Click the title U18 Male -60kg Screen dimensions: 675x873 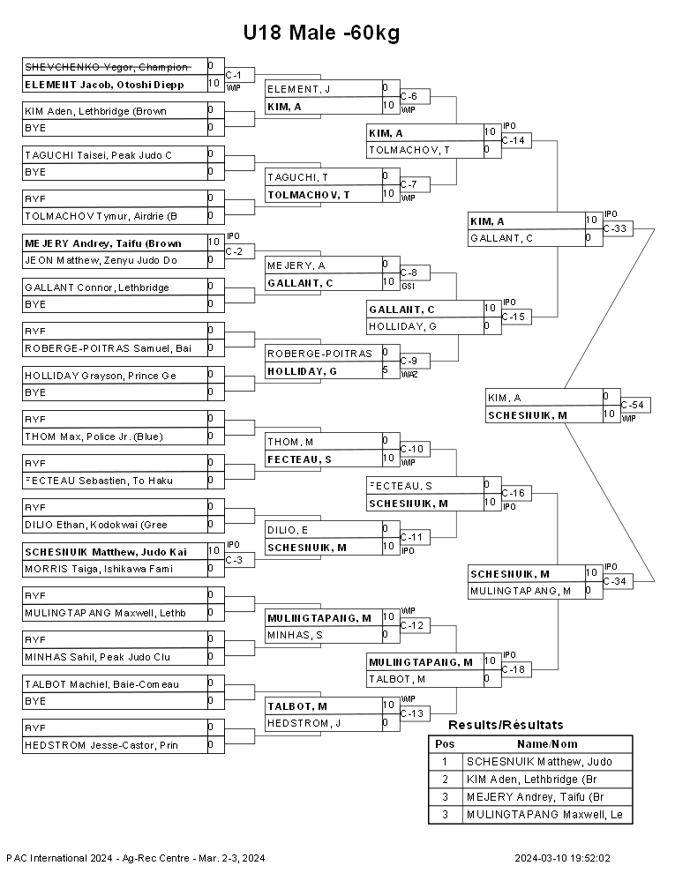[321, 33]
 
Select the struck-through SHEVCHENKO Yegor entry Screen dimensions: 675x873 [107, 67]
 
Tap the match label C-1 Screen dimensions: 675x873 [233, 75]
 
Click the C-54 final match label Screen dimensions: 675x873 [633, 405]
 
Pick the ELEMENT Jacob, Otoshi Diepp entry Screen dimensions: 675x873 [105, 85]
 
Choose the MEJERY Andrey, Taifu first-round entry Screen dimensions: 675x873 [103, 243]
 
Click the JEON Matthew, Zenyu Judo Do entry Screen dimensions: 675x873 [101, 260]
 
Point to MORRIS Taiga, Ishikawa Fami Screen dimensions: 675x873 [99, 569]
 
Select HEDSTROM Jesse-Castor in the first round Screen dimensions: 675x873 [101, 745]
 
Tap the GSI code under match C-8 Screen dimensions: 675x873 [408, 287]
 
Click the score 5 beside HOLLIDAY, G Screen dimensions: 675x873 [385, 369]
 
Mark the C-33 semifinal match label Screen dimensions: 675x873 [615, 228]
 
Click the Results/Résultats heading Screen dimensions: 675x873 [506, 725]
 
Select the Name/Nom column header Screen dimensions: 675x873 [547, 744]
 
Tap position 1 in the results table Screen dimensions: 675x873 [445, 762]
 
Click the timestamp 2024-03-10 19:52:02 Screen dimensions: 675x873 [563, 858]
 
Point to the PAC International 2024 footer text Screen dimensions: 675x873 [136, 858]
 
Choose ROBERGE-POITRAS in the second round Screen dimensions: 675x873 [319, 354]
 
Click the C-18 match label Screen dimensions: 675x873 [514, 669]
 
